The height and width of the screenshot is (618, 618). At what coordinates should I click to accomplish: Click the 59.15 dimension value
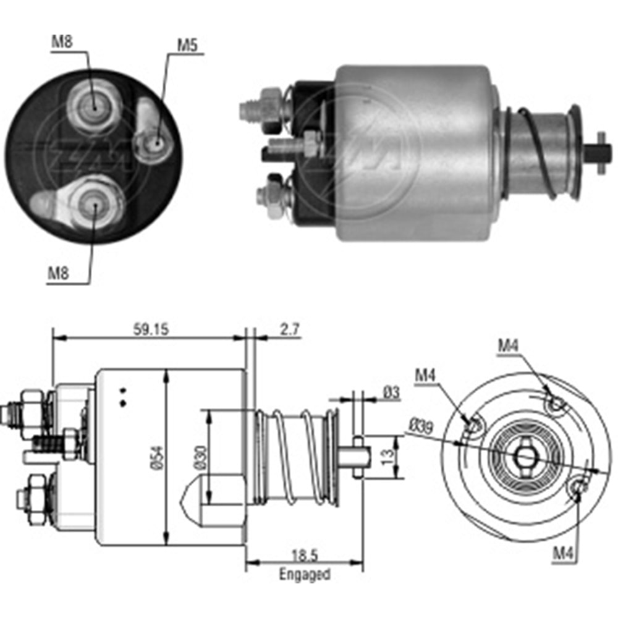coord(151,329)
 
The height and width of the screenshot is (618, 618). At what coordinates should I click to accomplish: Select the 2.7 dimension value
coord(290,329)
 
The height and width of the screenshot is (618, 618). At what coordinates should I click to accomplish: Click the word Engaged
coord(304,574)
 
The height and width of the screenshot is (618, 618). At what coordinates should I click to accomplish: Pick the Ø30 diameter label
coord(200,457)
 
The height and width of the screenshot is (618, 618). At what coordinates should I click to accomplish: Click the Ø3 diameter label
coord(391,392)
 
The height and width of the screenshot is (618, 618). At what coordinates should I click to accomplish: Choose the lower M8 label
coord(58,273)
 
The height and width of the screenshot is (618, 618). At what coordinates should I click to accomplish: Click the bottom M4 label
coord(562,554)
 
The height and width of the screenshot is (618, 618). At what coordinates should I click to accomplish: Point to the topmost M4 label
coord(509,346)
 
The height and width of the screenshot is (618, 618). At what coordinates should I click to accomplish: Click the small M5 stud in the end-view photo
coord(156,143)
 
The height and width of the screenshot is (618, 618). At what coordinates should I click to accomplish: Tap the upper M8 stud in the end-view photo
coord(93,105)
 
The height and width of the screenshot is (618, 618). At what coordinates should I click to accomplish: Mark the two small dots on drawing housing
coord(124,397)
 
